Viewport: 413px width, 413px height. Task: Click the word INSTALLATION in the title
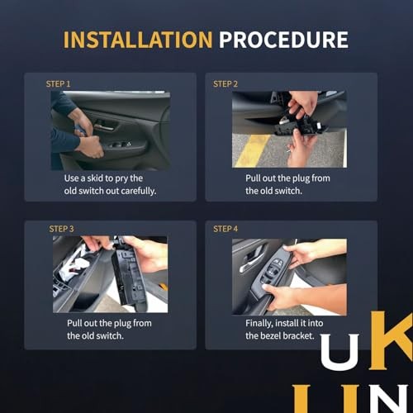(138, 40)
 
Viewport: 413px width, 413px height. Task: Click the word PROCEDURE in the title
(283, 40)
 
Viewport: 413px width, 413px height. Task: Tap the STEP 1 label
(58, 83)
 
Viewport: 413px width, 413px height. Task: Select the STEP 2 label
(225, 83)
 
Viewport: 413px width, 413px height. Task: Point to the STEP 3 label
(61, 229)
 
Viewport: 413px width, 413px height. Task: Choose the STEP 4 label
(225, 229)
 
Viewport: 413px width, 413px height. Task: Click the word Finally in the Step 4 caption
(259, 324)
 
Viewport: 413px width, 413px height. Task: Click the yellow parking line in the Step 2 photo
(253, 150)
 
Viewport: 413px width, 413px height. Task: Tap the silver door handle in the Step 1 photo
(104, 127)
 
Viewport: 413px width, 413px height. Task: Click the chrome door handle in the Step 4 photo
(250, 263)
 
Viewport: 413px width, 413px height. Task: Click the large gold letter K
(391, 340)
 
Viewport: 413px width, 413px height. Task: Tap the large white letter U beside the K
(339, 349)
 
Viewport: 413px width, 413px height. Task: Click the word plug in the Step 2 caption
(301, 179)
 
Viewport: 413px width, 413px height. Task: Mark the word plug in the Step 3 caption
(122, 324)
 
